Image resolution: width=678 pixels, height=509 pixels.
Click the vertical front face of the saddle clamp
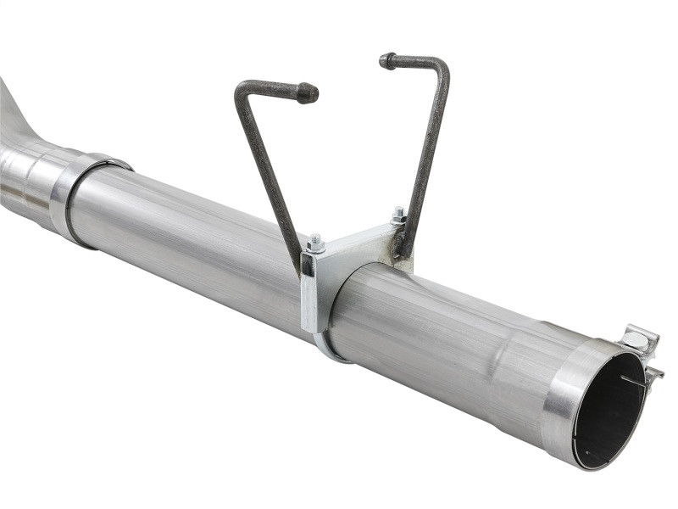tap(310, 293)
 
